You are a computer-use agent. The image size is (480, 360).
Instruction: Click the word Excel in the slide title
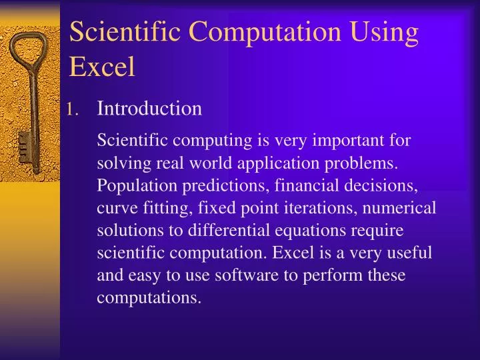click(x=102, y=67)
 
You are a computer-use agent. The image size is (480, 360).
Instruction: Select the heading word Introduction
click(x=149, y=108)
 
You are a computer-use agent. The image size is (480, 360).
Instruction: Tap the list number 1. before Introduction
click(x=74, y=109)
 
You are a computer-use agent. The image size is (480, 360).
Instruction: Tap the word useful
click(x=409, y=254)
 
